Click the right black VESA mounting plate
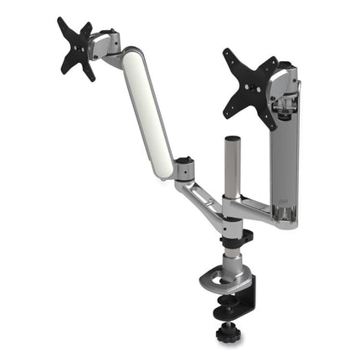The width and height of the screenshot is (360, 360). click(250, 87)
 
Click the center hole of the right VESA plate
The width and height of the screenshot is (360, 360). click(250, 87)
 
